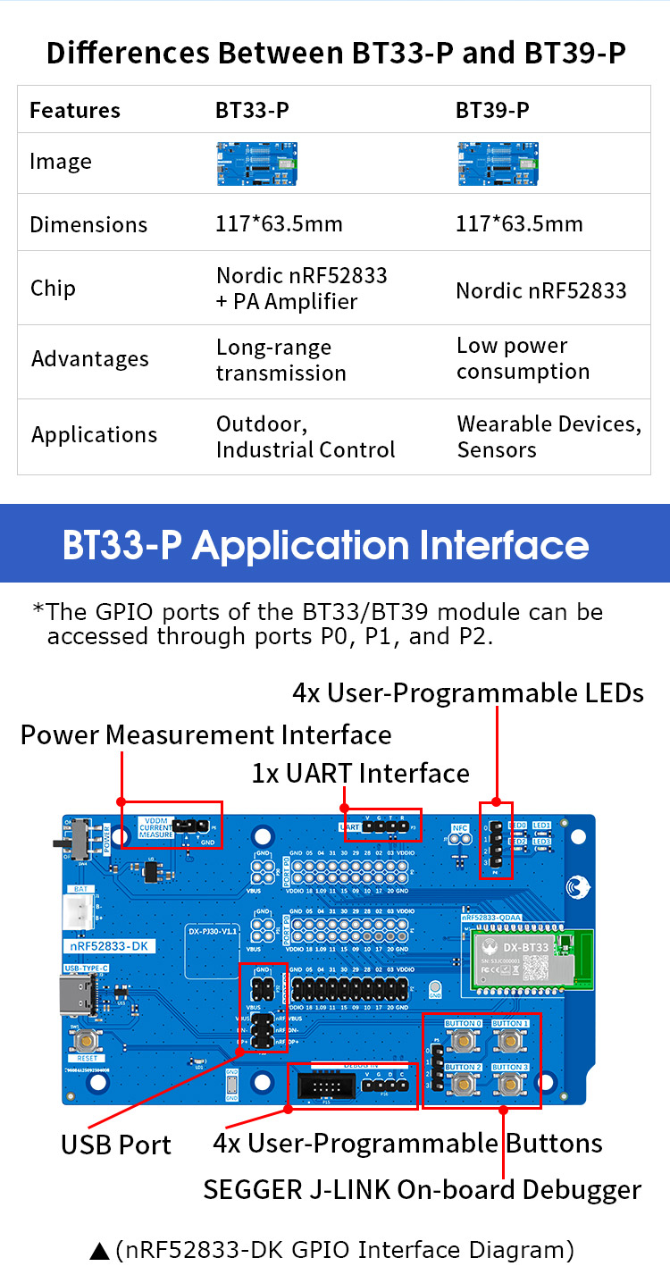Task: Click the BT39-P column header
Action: [492, 110]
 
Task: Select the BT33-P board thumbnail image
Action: [257, 164]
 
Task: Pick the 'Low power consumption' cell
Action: [523, 358]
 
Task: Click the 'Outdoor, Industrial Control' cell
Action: [305, 436]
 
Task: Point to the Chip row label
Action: [53, 288]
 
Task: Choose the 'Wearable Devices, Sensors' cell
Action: [549, 436]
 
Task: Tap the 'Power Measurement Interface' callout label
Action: [205, 734]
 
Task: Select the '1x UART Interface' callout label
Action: [360, 773]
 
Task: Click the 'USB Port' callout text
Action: [116, 1145]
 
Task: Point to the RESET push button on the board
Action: [87, 1039]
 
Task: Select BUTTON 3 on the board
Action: [510, 1085]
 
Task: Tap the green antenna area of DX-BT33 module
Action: [582, 960]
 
